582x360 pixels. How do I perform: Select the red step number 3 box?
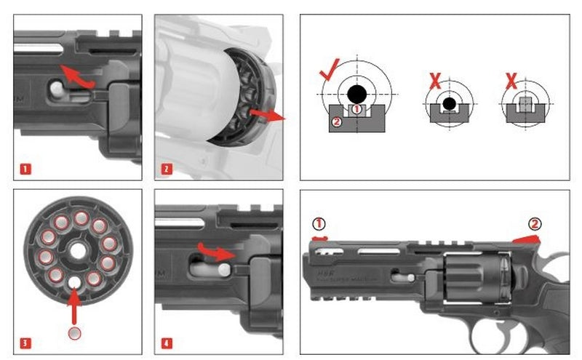click(25, 343)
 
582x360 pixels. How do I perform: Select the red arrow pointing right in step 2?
click(268, 114)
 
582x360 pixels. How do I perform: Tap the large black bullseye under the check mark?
click(356, 93)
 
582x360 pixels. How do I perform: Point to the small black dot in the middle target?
click(450, 103)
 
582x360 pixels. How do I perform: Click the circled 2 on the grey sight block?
click(336, 121)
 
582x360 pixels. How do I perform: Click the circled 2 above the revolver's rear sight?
click(535, 223)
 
